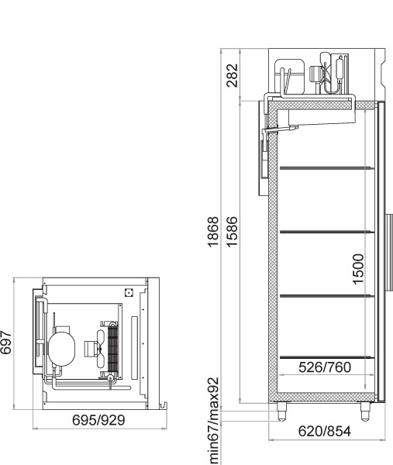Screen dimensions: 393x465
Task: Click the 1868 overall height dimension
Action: (213, 232)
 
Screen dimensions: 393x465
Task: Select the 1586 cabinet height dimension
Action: (233, 232)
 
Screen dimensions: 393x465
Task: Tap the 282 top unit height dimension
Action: (233, 75)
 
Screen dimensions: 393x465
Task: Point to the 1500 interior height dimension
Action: (358, 269)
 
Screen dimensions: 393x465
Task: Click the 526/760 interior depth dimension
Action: (325, 367)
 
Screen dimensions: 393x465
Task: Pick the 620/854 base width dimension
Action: (325, 431)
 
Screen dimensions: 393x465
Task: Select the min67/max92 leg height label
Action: (214, 421)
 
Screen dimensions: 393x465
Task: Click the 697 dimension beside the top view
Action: (5, 343)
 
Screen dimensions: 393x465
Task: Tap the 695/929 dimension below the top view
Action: (98, 420)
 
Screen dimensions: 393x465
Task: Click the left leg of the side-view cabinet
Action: (282, 412)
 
